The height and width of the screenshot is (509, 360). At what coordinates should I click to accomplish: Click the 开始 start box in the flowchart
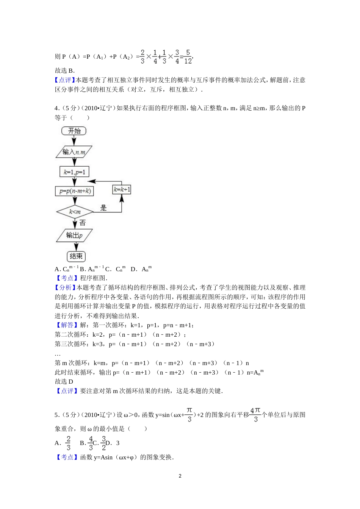pos(74,131)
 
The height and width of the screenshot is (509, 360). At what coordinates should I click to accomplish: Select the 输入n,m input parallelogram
pos(74,152)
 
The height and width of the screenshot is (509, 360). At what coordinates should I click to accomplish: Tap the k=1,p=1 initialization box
pos(74,172)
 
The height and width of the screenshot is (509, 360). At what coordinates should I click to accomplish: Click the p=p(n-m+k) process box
pos(75,191)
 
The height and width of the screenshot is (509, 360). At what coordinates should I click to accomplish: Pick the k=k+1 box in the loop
pos(122,189)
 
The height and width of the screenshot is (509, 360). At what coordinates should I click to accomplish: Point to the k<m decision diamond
pos(75,212)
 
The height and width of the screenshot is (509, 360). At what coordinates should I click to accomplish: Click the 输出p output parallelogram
pos(74,235)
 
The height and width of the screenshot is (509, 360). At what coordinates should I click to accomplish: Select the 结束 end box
pos(76,256)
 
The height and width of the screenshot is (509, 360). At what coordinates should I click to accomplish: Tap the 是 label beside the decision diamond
pos(103,208)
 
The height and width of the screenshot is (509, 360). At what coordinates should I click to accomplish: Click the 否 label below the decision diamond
pos(83,223)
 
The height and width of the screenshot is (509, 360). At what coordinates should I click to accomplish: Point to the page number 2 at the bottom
pos(180,476)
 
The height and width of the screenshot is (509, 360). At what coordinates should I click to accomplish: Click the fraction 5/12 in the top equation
pos(188,56)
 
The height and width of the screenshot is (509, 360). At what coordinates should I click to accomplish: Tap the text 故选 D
pos(64,381)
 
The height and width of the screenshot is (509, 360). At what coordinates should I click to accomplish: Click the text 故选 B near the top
pos(64,70)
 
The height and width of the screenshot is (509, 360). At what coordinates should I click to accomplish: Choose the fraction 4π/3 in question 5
pos(255,415)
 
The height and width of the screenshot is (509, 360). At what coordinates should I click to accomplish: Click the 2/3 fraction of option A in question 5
pos(68,443)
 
